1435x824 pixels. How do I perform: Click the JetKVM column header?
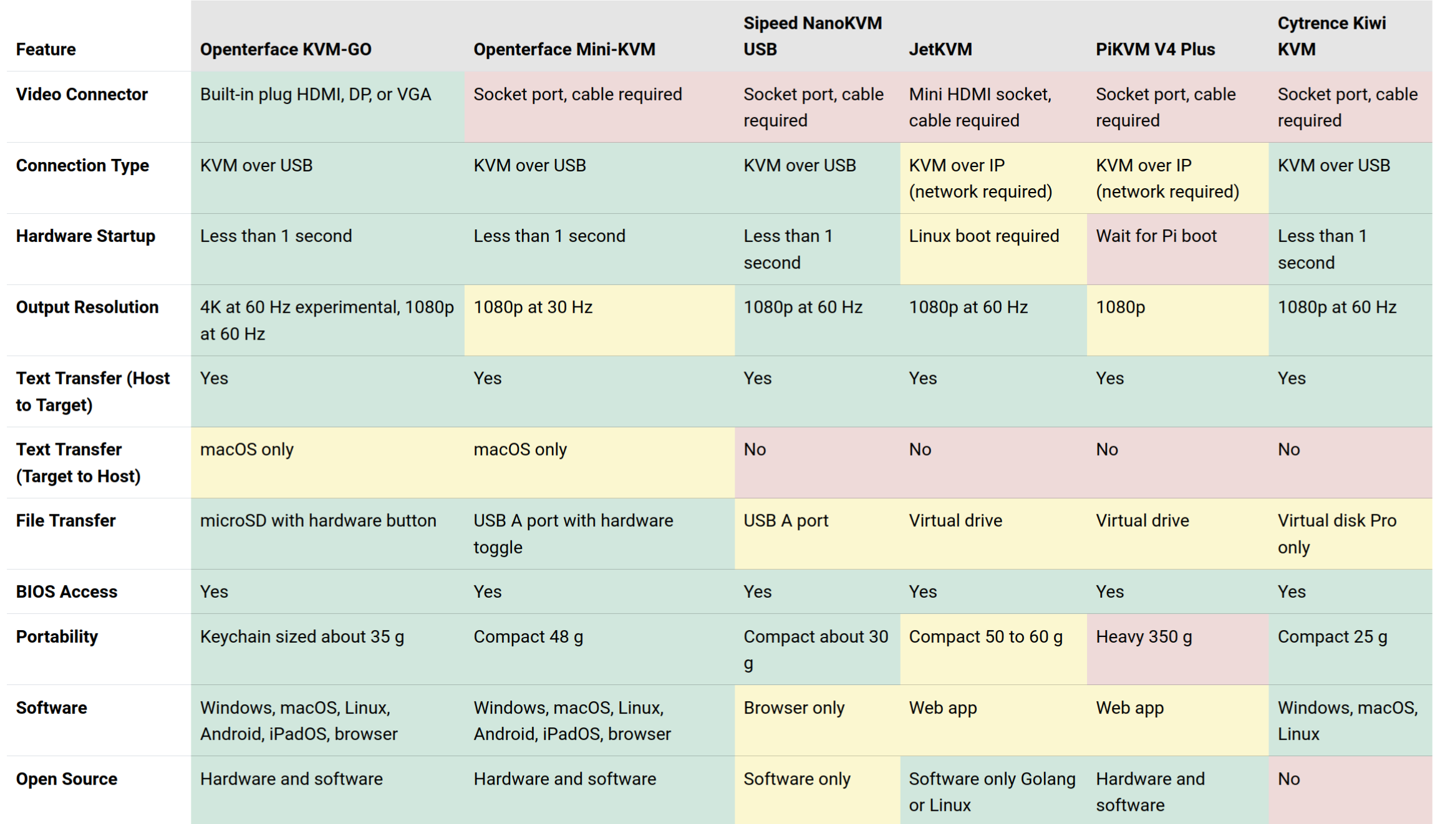tap(940, 49)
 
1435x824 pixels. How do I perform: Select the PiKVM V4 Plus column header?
tap(1155, 49)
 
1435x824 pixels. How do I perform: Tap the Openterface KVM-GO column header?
tap(286, 49)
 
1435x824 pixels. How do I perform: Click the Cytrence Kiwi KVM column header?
tap(1331, 36)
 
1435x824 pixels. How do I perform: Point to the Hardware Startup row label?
tap(85, 236)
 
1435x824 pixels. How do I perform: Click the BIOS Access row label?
tap(67, 592)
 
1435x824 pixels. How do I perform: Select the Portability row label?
tap(57, 636)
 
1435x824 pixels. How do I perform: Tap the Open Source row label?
tap(67, 779)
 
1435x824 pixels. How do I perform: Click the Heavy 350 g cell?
tap(1144, 636)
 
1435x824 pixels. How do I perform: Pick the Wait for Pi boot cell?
tap(1156, 236)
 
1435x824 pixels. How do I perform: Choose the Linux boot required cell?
tap(983, 236)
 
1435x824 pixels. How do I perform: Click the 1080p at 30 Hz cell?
tap(533, 307)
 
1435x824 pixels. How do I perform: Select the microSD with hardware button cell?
tap(318, 520)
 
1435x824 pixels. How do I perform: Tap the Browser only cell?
tap(794, 708)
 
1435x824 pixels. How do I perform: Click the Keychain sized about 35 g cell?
tap(302, 636)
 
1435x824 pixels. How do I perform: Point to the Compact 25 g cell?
tap(1332, 636)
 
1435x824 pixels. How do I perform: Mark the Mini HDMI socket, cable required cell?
tap(980, 107)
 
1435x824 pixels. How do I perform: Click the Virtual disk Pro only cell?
tap(1336, 534)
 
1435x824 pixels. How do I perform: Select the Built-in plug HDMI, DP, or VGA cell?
tap(316, 95)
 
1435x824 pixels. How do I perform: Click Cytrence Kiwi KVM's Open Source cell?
tap(1289, 779)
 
